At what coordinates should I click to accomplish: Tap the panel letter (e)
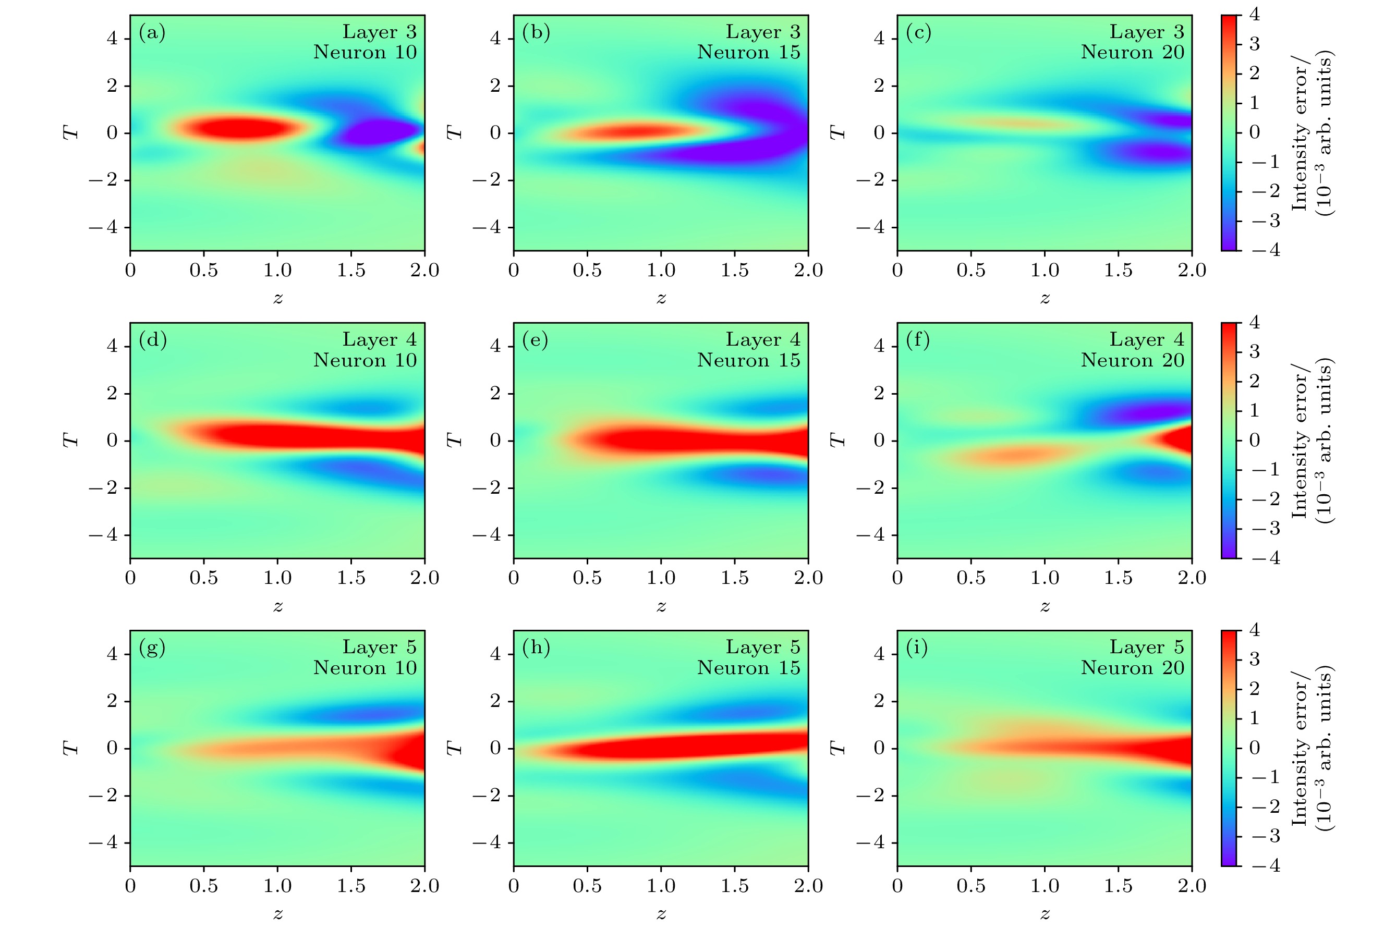(535, 340)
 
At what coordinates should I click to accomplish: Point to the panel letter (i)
(917, 648)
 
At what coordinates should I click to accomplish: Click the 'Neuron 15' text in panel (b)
(748, 52)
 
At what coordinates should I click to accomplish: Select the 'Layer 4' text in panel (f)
(1146, 340)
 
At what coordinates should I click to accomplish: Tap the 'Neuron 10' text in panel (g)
(365, 668)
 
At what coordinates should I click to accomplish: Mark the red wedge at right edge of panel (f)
(1175, 441)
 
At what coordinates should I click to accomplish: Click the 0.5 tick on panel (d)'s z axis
(204, 578)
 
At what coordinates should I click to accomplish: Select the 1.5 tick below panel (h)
(735, 885)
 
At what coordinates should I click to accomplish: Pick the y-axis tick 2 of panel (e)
(495, 394)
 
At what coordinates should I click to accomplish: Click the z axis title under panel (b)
(661, 298)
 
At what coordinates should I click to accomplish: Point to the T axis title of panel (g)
(70, 748)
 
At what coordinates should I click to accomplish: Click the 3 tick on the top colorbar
(1254, 44)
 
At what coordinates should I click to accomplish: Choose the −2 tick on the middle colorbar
(1265, 499)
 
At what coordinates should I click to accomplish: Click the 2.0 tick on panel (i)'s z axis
(1191, 885)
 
